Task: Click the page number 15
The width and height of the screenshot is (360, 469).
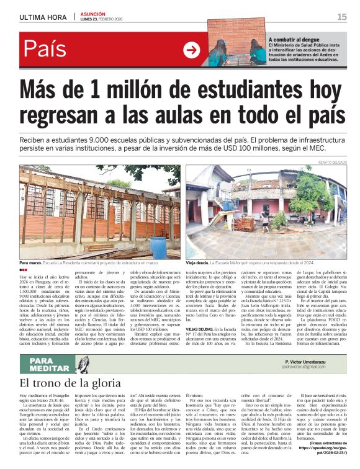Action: [x=341, y=17]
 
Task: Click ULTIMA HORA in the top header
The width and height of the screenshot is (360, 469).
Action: [x=43, y=17]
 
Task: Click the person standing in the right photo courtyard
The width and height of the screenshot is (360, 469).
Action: [x=264, y=221]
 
